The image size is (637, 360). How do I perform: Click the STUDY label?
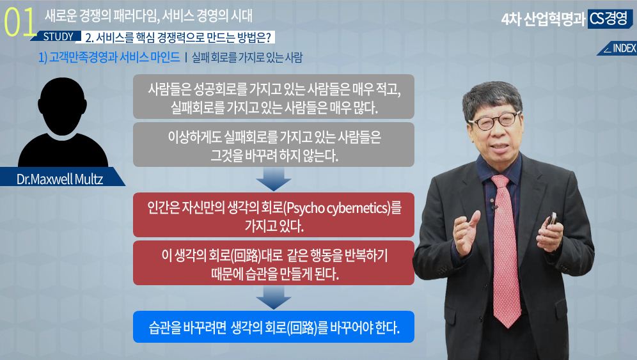[x=58, y=36]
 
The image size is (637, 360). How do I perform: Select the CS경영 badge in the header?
[x=609, y=19]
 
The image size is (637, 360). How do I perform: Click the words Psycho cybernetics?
[x=337, y=208]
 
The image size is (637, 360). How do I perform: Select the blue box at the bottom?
[x=273, y=327]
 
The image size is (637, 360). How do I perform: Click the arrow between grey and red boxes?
[x=273, y=179]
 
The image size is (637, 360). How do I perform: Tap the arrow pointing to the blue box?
[x=273, y=298]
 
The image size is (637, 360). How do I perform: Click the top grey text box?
[x=273, y=97]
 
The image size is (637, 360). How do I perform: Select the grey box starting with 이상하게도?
[x=273, y=145]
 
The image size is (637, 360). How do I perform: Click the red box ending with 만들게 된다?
[x=273, y=263]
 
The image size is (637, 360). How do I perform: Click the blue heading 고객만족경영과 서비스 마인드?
[x=109, y=57]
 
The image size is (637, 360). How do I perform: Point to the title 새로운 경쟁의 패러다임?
[x=102, y=16]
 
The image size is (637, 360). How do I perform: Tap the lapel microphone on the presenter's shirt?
[x=495, y=208]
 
